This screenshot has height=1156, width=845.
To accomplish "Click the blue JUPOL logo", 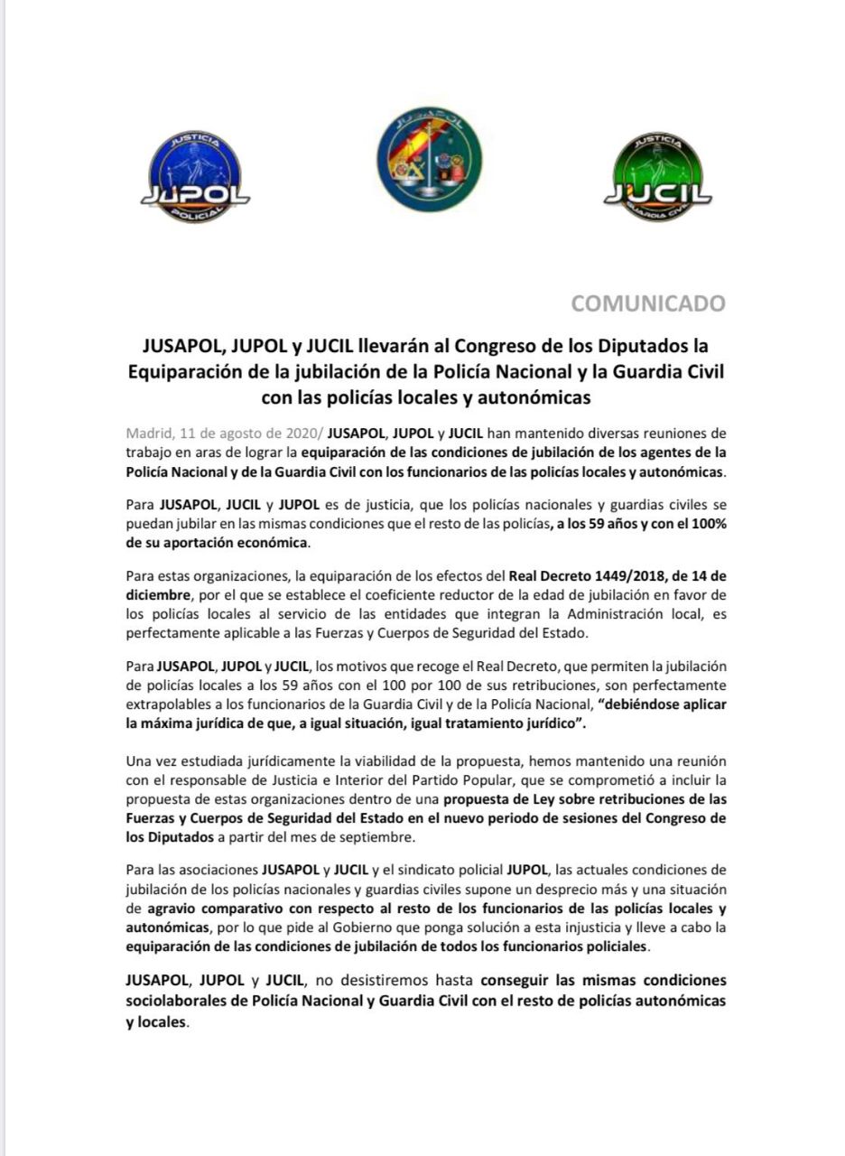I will pos(196,177).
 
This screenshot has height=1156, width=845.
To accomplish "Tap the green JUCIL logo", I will pos(657,177).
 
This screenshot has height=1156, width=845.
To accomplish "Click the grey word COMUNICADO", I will pos(648,303).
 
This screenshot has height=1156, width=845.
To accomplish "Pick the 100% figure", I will pos(705,525).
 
